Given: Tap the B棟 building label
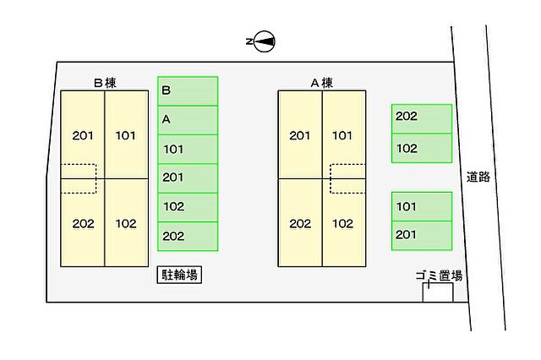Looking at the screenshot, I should click(105, 83).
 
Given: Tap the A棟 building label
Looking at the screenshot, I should click(322, 83).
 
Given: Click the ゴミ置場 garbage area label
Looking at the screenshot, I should click(438, 275).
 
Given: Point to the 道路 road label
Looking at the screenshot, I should click(478, 177).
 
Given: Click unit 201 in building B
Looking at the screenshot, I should click(83, 135).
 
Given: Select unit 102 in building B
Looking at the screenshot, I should click(126, 224).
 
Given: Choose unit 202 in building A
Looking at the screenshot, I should click(300, 224).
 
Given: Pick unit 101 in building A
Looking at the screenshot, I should click(342, 135).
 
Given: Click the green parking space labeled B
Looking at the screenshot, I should click(188, 91).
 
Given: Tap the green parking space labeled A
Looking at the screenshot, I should click(188, 120).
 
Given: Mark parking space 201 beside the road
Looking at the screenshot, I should click(421, 235).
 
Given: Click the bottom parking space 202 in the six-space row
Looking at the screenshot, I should click(188, 236).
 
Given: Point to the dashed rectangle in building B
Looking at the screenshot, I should click(79, 178).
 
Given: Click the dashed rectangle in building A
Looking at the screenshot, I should click(347, 178).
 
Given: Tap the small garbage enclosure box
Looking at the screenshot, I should click(438, 292).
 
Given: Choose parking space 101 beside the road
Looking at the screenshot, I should click(421, 206).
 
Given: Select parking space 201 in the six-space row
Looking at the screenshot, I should click(188, 177).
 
